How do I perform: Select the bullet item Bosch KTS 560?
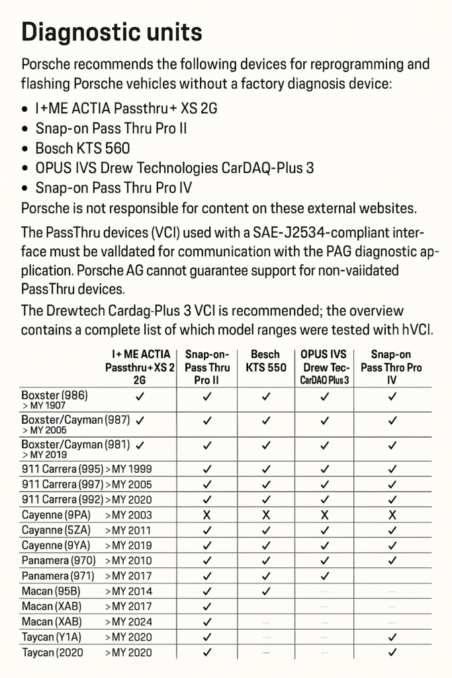pos(83,148)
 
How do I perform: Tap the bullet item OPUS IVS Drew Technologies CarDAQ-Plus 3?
pos(175,168)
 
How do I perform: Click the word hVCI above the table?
pos(416,329)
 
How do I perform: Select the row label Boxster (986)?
pos(54,395)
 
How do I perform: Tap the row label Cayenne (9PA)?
pos(56,514)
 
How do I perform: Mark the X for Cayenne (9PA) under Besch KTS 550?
pos(266,514)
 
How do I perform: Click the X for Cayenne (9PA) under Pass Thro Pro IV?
pos(392,514)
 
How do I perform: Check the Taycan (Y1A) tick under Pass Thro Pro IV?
pos(392,637)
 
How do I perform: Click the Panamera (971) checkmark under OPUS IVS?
pos(324,576)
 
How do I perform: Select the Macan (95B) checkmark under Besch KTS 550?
pos(266,591)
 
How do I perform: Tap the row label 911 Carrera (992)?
pos(62,499)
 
